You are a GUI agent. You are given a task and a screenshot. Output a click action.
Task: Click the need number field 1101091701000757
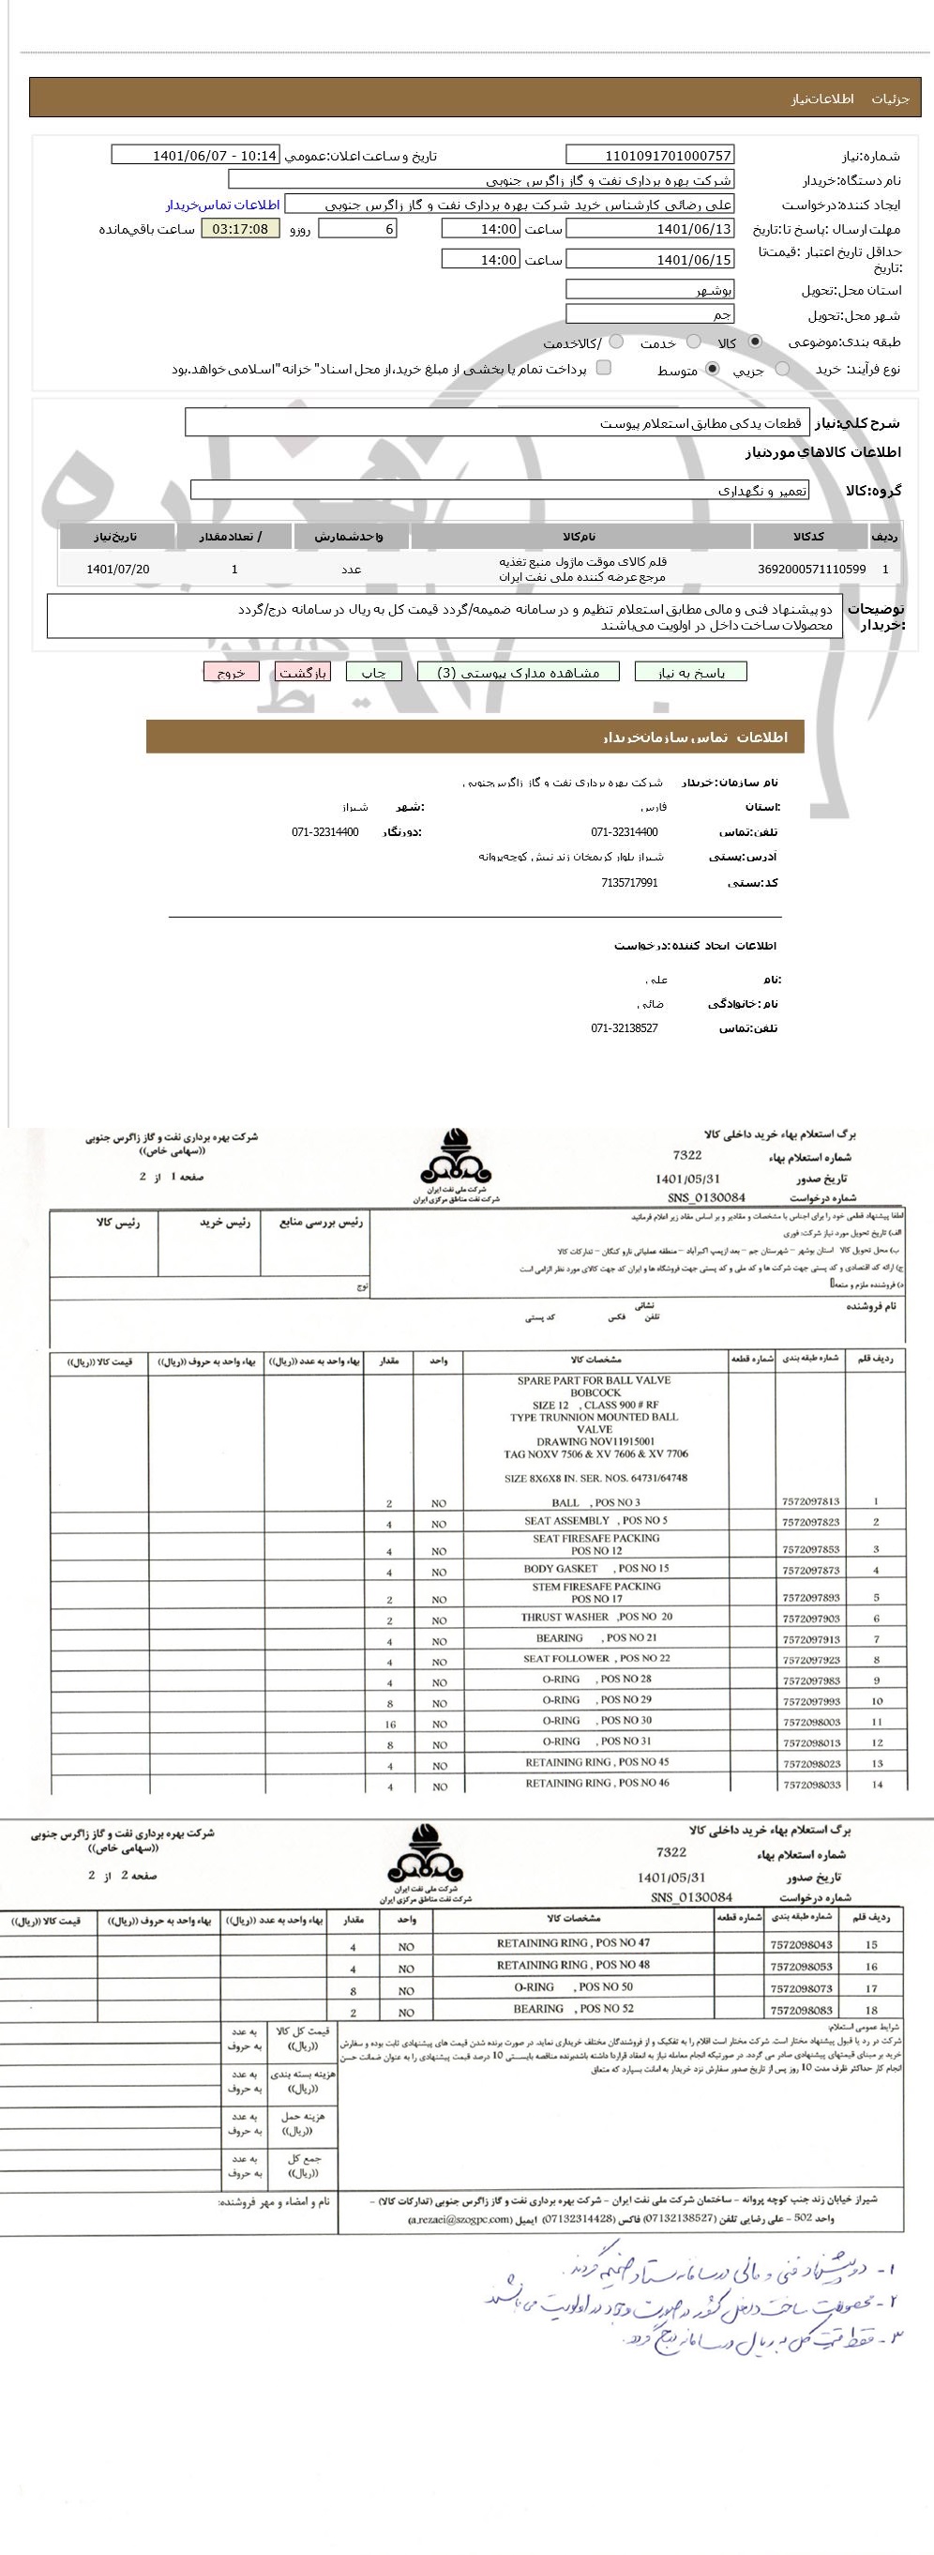click(x=650, y=155)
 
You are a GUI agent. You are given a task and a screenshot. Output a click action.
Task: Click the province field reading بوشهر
click(x=650, y=290)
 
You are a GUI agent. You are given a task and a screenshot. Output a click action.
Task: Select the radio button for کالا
click(x=756, y=342)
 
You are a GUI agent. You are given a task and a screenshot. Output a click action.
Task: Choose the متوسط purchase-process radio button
click(x=712, y=369)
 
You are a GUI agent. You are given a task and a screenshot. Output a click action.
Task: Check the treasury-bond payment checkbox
click(x=603, y=368)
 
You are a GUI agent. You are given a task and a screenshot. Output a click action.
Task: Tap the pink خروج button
click(x=231, y=672)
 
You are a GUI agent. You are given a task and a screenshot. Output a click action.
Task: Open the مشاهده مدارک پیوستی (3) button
click(x=519, y=672)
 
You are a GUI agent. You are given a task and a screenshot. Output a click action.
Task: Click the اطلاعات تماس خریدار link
click(x=222, y=205)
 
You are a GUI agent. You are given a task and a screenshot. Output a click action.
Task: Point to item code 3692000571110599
click(x=811, y=570)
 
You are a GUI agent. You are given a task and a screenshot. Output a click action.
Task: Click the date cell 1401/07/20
click(x=118, y=570)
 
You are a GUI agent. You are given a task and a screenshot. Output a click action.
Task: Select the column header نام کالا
click(x=580, y=537)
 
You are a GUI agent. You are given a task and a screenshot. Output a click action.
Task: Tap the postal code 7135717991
click(x=628, y=883)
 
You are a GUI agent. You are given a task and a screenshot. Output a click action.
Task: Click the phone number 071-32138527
click(x=624, y=1028)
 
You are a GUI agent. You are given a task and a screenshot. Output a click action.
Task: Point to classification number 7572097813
click(x=810, y=1501)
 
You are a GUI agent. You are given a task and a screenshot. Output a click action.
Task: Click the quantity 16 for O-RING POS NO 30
click(x=390, y=1725)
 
